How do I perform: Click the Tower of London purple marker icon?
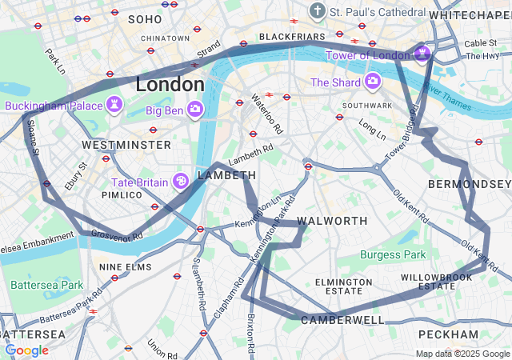click(421, 54)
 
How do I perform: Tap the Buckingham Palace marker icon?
click(116, 106)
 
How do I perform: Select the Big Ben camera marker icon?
click(195, 109)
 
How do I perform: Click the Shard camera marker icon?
click(372, 82)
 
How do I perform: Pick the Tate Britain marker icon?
click(182, 182)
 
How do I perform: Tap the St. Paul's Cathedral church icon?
click(318, 12)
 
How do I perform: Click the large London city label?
click(170, 84)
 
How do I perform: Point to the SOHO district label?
click(144, 18)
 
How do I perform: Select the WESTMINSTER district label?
click(126, 145)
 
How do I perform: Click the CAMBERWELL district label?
click(342, 320)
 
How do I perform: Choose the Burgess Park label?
click(394, 254)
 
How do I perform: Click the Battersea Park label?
click(46, 284)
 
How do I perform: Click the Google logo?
click(26, 350)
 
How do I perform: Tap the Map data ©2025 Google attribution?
click(462, 354)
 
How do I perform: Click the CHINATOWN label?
click(165, 38)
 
